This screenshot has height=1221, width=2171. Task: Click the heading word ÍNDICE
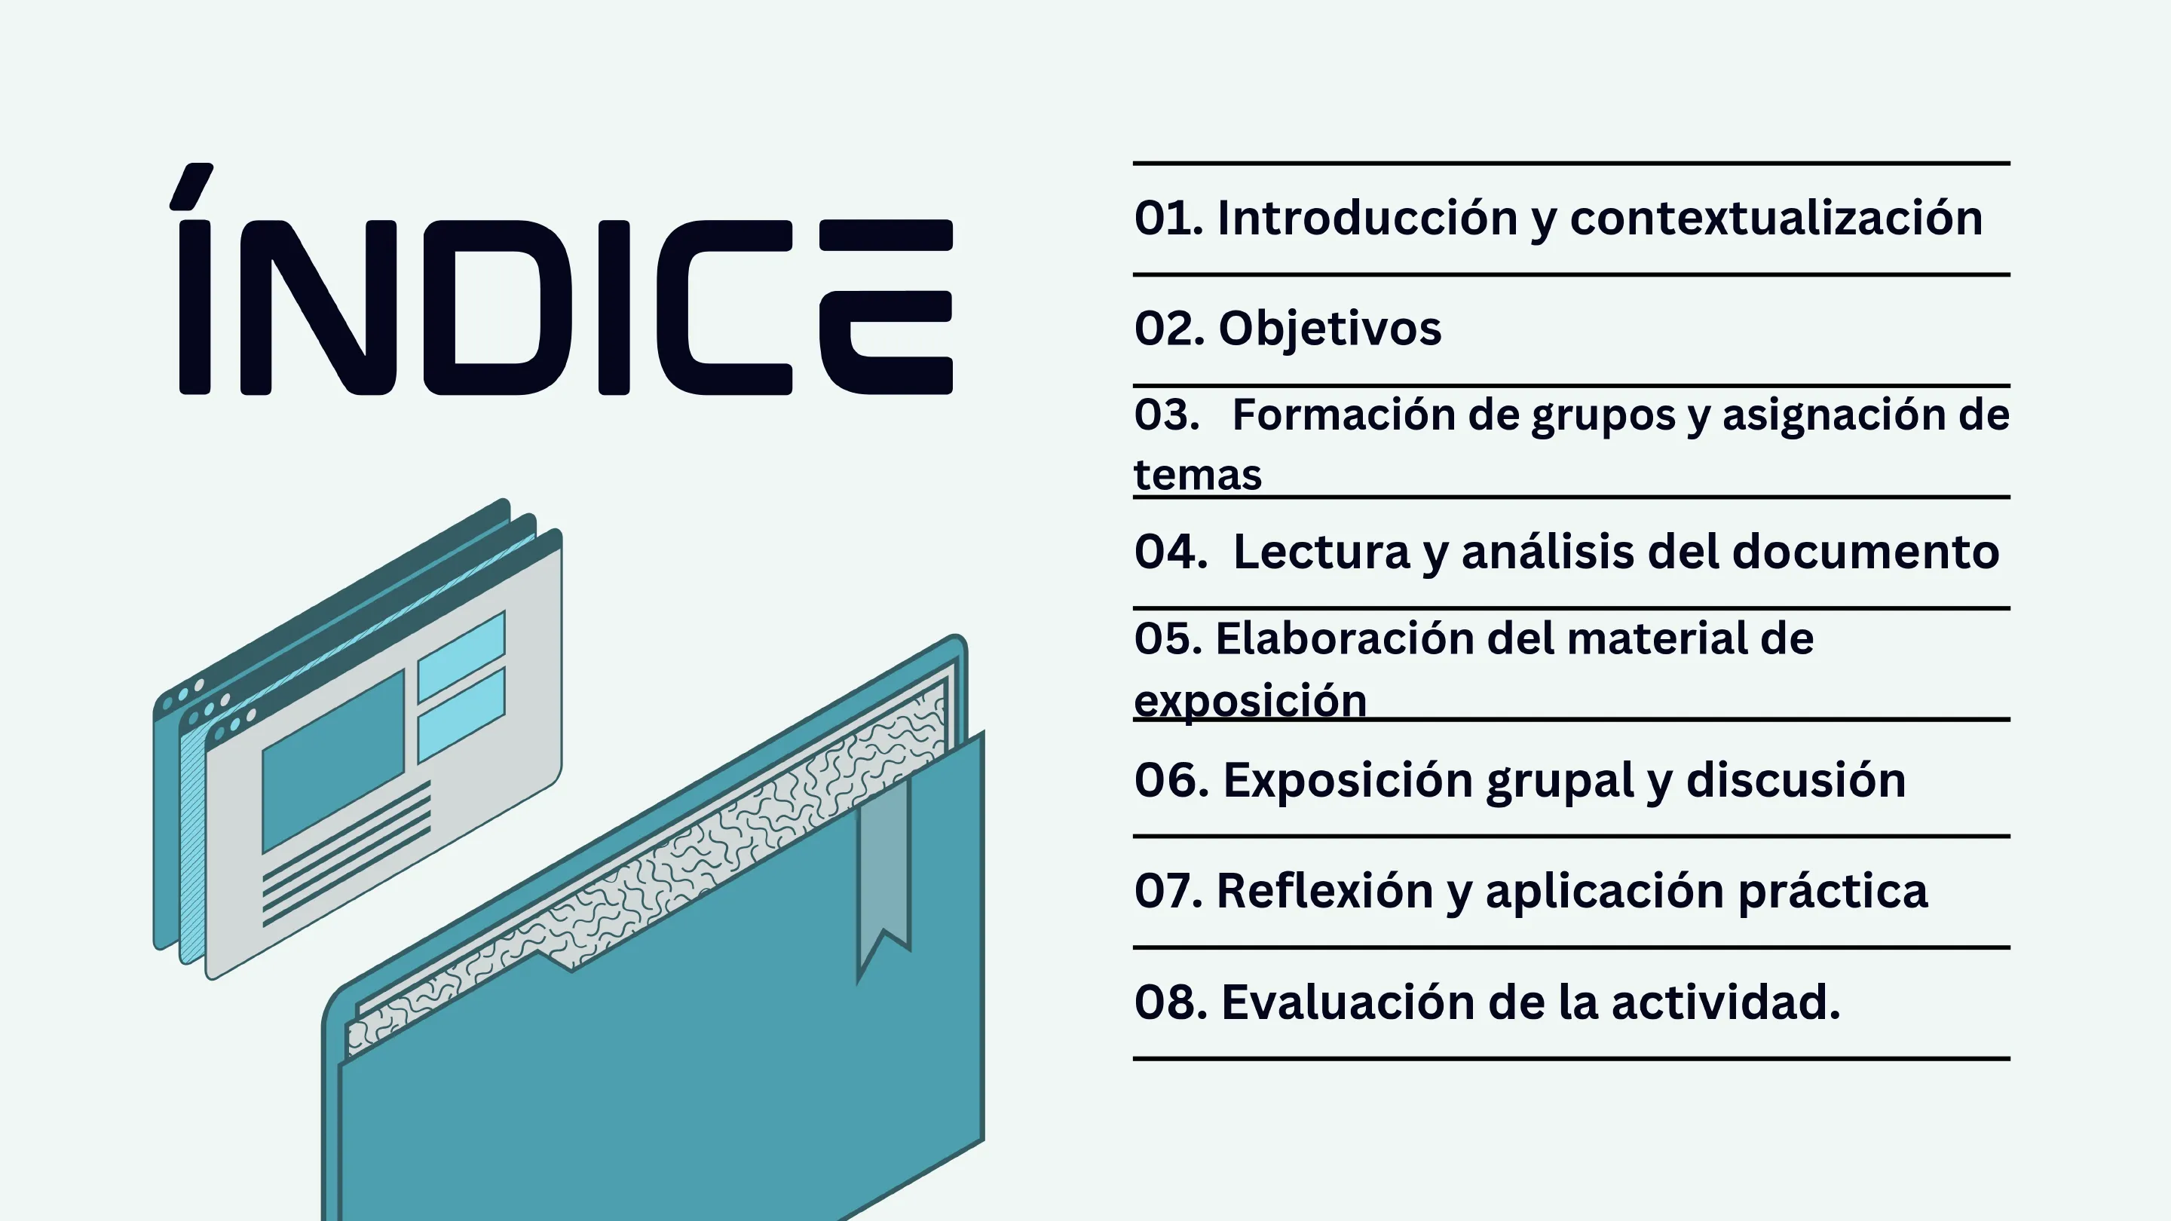(565, 279)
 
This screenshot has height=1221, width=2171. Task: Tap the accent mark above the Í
(191, 186)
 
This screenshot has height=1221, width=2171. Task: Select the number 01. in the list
(1169, 219)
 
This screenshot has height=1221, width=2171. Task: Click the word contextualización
(1776, 219)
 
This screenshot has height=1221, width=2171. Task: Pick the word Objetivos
(1330, 329)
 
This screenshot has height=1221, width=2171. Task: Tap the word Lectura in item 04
(1321, 552)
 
